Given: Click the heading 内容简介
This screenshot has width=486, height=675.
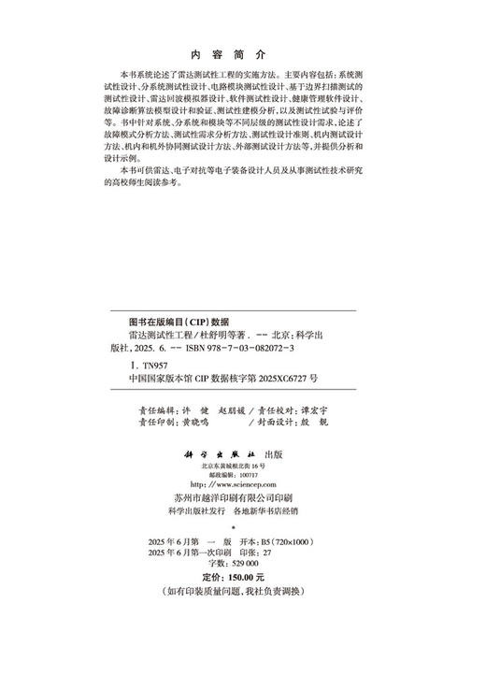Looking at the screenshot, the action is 242,54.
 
